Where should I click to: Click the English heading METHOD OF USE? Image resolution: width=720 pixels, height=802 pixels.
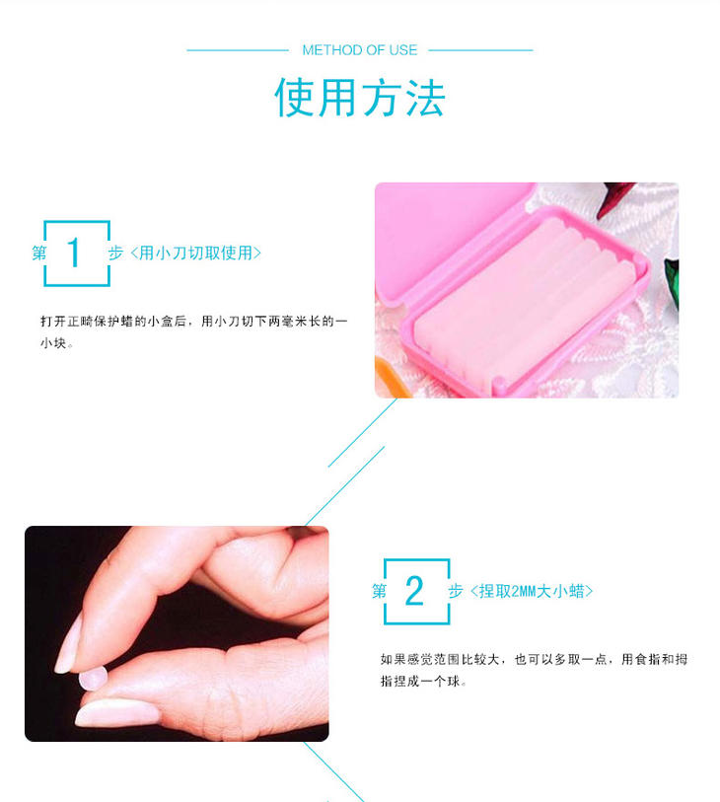tap(359, 50)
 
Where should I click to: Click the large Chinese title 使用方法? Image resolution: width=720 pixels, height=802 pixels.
tap(359, 98)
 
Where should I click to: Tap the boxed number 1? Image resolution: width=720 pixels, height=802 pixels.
tap(74, 253)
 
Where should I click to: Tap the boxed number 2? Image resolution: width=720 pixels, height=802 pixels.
tap(414, 591)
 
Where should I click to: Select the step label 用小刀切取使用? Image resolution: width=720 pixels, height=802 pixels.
tap(196, 253)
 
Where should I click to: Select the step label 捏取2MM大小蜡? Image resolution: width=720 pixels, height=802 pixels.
tap(532, 591)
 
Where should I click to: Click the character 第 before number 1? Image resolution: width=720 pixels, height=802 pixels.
tap(38, 253)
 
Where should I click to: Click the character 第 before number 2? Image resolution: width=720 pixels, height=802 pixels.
tap(379, 591)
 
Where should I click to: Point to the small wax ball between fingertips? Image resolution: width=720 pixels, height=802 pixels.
tap(94, 679)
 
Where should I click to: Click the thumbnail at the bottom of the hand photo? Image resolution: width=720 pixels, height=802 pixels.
tap(117, 712)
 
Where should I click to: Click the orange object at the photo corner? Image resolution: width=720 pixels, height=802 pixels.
tap(391, 376)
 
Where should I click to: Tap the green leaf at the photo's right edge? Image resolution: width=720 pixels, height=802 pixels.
tap(672, 284)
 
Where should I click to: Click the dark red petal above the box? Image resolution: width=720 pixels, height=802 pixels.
tap(615, 198)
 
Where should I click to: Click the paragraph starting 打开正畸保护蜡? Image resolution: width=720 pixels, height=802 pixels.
tap(193, 332)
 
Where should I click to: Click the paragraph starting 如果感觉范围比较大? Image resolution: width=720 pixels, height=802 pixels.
tap(534, 670)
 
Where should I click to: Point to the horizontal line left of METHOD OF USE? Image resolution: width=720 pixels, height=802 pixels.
tap(238, 50)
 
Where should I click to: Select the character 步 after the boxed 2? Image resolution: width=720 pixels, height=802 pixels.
tap(456, 591)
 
